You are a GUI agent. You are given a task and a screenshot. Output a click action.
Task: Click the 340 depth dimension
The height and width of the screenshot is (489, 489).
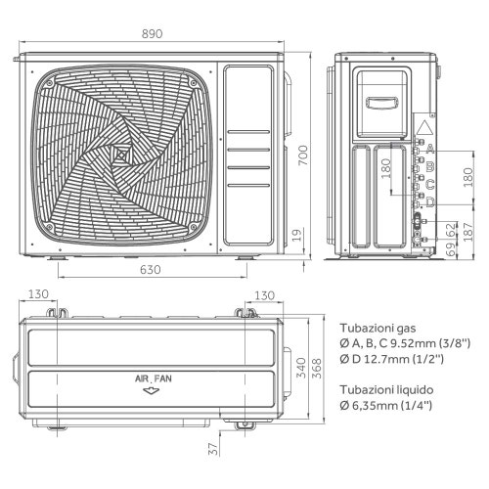[x=304, y=366]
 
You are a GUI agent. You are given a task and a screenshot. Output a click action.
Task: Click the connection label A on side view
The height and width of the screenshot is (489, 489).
[x=430, y=149]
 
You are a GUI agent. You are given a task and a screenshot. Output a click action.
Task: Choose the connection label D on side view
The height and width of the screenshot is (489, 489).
[x=430, y=201]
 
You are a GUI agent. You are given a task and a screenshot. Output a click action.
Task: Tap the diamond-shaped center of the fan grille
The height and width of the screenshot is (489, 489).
[x=122, y=156]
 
